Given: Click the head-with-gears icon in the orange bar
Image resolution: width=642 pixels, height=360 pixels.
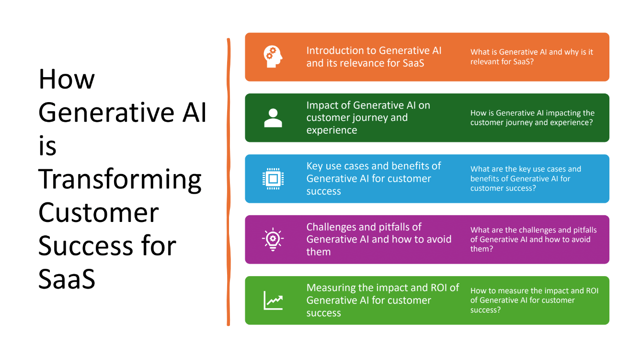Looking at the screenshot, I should click(273, 57).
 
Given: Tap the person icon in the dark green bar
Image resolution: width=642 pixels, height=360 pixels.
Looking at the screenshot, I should click(273, 118).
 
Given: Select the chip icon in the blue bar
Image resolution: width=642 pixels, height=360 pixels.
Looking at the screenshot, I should click(273, 179).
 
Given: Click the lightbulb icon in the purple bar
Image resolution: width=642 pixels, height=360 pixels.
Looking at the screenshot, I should click(273, 239).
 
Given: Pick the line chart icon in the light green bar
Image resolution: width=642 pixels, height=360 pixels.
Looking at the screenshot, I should click(273, 301).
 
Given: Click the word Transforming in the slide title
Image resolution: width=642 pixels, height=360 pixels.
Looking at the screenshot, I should click(120, 179).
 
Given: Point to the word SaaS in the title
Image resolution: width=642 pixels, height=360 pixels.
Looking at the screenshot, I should click(67, 279).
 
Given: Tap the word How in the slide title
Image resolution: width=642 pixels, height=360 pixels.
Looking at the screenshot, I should click(67, 79).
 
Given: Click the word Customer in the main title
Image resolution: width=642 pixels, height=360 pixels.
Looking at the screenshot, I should click(98, 212).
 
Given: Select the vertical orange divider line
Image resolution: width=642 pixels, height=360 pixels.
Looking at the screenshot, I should click(229, 182).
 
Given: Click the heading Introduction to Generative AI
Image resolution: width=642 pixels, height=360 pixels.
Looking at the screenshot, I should click(374, 57).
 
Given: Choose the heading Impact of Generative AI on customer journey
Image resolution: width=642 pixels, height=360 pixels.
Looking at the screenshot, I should click(368, 117).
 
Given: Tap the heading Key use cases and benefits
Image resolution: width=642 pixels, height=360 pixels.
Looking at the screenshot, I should click(374, 178).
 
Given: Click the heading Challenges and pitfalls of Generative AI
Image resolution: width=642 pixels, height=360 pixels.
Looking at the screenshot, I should click(378, 239).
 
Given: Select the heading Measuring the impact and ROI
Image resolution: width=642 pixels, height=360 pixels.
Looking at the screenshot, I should click(382, 300).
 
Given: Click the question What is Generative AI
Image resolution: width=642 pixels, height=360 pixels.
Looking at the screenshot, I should click(531, 57).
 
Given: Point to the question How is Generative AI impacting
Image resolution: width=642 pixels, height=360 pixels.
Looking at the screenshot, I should click(532, 117).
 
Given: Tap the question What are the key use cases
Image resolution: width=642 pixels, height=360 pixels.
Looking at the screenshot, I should click(526, 178).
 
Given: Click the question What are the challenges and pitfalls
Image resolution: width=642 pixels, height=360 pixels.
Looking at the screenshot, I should click(533, 239).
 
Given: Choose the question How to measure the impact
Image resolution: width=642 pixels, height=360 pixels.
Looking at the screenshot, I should click(534, 300).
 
